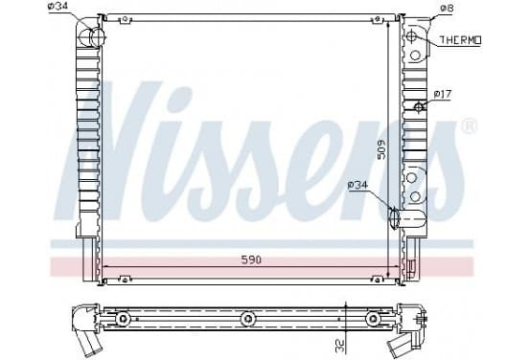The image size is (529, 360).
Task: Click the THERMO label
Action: click(460, 40)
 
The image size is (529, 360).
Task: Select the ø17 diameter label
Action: click(442, 94)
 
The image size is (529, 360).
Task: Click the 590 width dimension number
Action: click(251, 259)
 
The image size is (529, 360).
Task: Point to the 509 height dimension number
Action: click(381, 149)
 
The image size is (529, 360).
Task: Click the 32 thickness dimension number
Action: click(340, 347)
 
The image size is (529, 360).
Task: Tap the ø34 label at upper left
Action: click(59, 6)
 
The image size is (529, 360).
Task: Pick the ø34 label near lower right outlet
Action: click(358, 185)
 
